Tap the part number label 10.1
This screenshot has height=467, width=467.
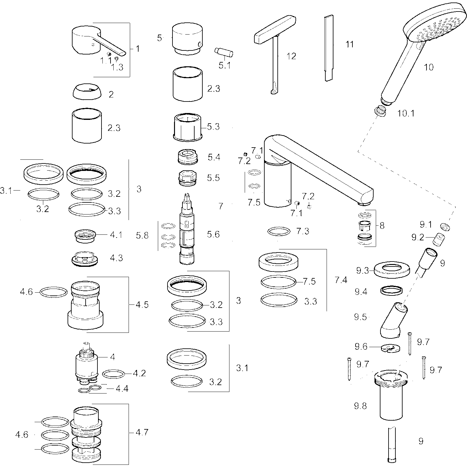406,113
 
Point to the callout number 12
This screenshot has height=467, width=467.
291,56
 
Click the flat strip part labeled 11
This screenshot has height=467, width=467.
329,48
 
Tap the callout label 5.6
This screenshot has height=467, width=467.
213,234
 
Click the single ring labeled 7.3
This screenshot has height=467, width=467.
279,231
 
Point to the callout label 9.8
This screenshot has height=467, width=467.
360,406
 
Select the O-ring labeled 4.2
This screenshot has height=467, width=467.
113,374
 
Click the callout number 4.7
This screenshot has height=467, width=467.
142,432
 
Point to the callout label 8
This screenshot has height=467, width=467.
382,225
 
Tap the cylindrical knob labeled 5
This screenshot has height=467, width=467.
188,38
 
